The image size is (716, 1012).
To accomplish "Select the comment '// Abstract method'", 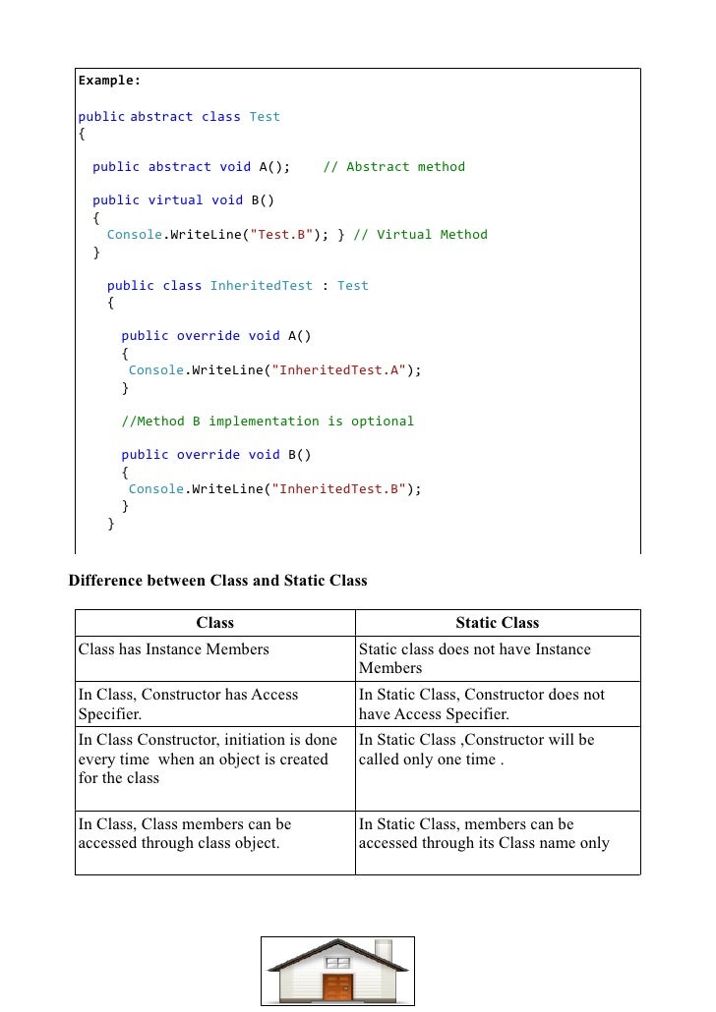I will click(393, 166).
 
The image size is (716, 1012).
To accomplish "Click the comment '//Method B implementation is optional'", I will click(268, 421).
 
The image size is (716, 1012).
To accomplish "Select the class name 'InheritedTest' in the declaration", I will click(261, 285).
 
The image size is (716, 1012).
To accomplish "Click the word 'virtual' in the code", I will click(175, 199).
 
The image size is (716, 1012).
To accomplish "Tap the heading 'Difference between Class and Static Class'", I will click(217, 580).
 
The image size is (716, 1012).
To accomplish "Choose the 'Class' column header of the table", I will click(214, 622).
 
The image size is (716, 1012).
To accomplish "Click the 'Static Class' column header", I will click(497, 622).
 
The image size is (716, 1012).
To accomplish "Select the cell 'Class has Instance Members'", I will click(174, 648).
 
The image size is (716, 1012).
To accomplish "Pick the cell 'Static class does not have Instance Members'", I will click(474, 658).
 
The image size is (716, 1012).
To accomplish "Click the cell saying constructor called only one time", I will click(476, 749).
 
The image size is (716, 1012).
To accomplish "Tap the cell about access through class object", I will click(184, 833).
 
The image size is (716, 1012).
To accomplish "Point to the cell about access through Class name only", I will click(484, 833).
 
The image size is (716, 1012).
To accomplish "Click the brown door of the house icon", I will click(337, 986).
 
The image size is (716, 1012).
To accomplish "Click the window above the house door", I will click(337, 963).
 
